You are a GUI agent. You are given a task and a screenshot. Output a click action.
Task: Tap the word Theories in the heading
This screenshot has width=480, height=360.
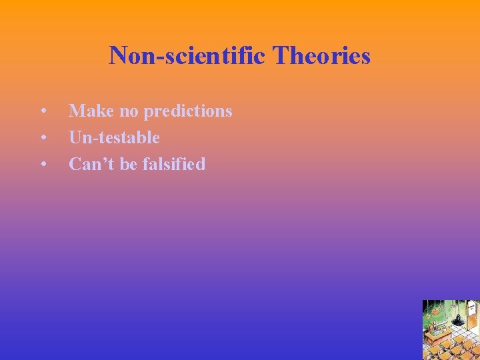(321, 55)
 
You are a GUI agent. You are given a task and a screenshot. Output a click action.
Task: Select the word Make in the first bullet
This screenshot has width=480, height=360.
(91, 111)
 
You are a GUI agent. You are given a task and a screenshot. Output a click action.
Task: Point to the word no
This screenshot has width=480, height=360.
(129, 111)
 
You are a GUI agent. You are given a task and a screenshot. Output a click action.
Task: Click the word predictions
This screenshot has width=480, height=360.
(188, 111)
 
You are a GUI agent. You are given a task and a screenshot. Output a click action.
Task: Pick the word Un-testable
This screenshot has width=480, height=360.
(114, 137)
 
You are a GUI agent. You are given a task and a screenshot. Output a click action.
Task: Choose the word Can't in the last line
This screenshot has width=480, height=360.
(92, 164)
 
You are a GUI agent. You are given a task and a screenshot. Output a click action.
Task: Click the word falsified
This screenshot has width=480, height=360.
(173, 164)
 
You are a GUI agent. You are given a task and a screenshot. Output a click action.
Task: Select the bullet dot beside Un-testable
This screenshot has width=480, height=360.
(43, 138)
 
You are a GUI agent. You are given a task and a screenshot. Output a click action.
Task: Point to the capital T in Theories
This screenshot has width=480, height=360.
(279, 55)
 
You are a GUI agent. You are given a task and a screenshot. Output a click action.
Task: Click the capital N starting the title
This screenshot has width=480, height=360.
(118, 55)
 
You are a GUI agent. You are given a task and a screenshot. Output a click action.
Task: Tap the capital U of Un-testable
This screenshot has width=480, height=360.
(75, 137)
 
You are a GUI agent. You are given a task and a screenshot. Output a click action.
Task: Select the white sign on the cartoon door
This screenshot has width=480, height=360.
(471, 309)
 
